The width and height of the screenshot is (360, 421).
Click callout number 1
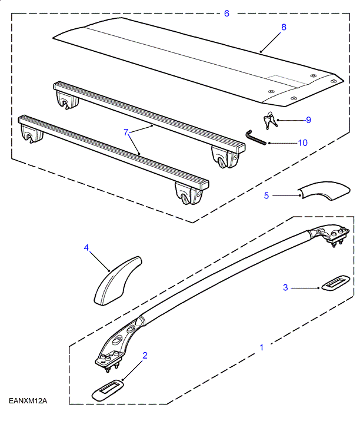(x=262, y=347)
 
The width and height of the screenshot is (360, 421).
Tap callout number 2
(x=145, y=355)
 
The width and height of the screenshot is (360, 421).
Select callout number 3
(x=285, y=287)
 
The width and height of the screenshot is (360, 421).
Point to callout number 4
(x=86, y=248)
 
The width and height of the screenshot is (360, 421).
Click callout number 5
(x=266, y=195)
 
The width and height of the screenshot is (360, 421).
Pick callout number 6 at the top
(x=226, y=13)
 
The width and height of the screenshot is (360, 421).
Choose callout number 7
(x=125, y=132)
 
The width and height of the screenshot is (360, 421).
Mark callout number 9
(x=308, y=120)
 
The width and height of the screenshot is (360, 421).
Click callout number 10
(x=302, y=142)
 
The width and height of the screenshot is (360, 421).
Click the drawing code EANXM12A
(x=28, y=401)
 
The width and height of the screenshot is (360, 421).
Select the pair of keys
(x=271, y=120)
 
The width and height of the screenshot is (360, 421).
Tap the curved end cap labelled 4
(x=117, y=281)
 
